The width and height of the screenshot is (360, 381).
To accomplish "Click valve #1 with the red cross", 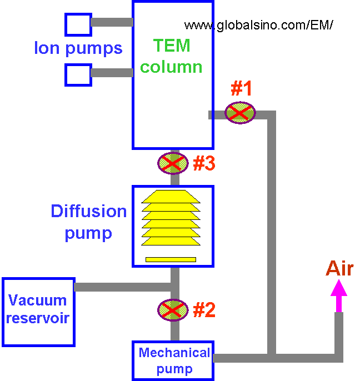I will [x=240, y=113].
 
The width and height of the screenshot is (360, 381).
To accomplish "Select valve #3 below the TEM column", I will [x=173, y=163].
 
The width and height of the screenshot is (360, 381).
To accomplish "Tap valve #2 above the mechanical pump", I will [x=173, y=310].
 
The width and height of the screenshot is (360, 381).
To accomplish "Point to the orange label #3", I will [x=204, y=163].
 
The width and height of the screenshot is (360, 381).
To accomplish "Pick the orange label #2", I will [x=204, y=310].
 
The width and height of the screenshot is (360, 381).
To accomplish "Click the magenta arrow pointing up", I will [x=338, y=294].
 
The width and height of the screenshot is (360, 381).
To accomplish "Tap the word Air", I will [x=339, y=269].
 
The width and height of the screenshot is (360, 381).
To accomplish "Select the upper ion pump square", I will [x=78, y=24].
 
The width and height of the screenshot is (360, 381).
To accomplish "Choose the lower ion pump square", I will [x=78, y=74].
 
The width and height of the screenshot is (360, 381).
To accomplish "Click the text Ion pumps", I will [x=78, y=48].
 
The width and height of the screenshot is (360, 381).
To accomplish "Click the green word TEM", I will [x=172, y=46].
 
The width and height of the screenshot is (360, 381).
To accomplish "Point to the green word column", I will [x=171, y=67].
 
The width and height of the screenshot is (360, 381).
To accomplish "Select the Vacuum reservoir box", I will [x=38, y=312].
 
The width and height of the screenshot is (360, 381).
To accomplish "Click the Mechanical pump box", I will [x=173, y=360].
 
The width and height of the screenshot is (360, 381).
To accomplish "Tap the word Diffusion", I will [x=89, y=212].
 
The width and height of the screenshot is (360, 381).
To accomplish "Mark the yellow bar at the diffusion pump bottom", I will [x=171, y=259].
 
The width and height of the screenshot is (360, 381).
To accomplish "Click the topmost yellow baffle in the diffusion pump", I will [x=171, y=196].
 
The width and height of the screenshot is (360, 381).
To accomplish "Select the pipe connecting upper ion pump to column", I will [x=112, y=22].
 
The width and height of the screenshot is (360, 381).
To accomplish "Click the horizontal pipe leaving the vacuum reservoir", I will [x=122, y=287].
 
